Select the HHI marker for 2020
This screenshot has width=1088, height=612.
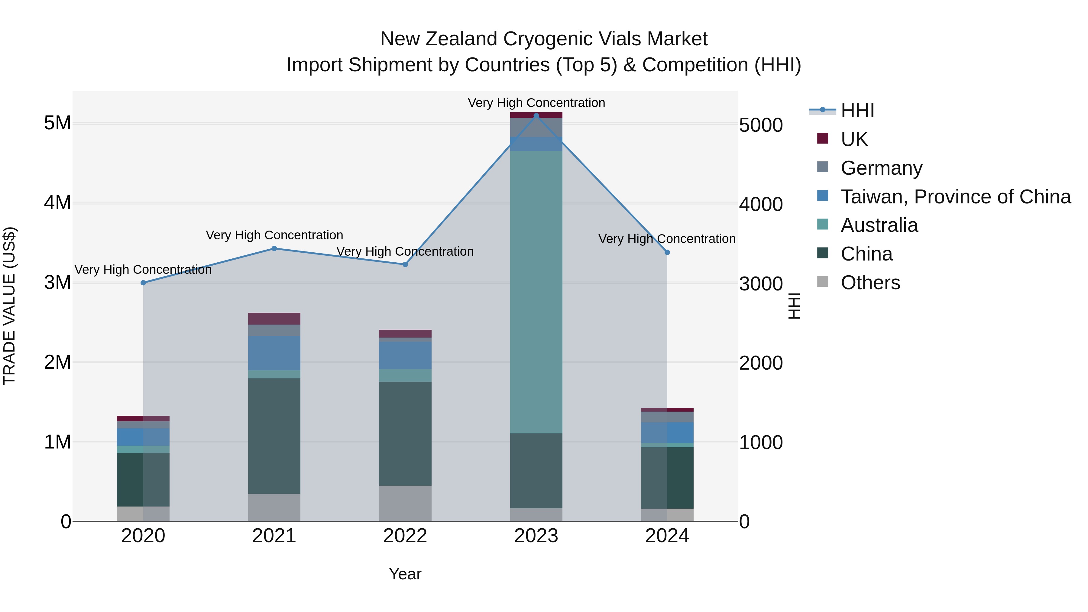[143, 283]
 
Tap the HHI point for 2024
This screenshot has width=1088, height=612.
[667, 252]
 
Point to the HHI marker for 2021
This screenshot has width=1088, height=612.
[274, 248]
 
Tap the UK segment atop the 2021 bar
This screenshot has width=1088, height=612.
[274, 319]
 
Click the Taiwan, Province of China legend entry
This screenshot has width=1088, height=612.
[955, 197]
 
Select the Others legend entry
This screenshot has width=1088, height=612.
[870, 283]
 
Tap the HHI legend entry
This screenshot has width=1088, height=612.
[857, 111]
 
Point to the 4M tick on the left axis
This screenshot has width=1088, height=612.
[57, 203]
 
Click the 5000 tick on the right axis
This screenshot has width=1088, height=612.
[761, 125]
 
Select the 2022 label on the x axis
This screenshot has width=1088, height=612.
[405, 536]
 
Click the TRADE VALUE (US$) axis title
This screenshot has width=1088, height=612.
[9, 306]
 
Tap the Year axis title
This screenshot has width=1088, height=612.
[405, 574]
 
